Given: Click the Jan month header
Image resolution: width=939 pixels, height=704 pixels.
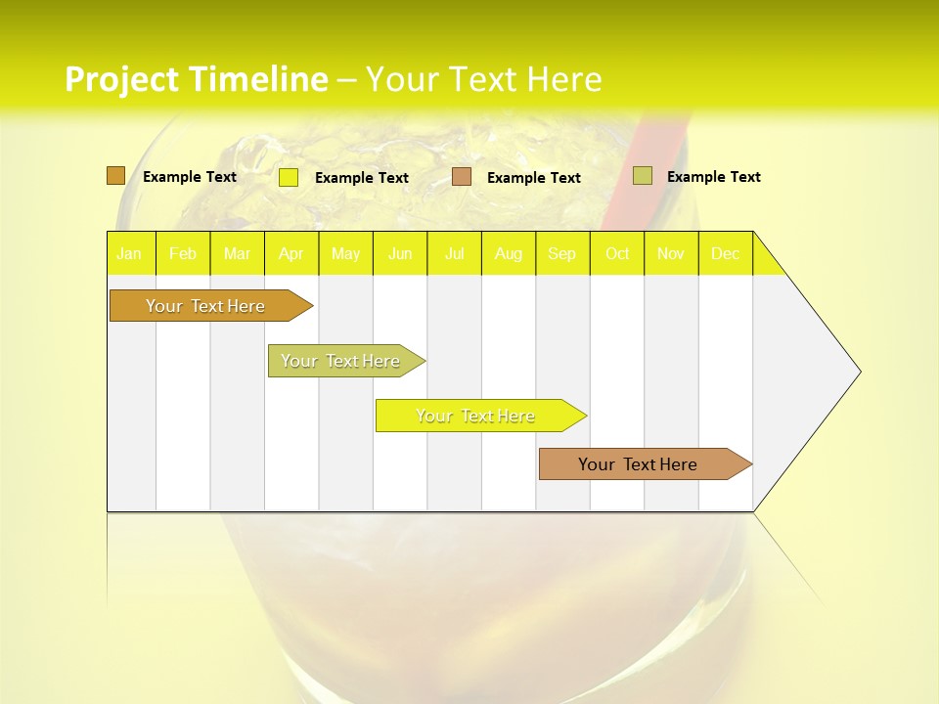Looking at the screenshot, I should [130, 253].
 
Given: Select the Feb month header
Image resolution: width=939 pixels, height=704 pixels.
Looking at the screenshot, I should [183, 253].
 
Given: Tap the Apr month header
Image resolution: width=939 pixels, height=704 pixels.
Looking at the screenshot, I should [291, 253].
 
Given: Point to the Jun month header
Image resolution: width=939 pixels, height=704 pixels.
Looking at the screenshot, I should [400, 253].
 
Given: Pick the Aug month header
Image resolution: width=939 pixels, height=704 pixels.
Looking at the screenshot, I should [509, 253].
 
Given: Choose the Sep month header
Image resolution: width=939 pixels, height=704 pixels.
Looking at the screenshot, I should [562, 253].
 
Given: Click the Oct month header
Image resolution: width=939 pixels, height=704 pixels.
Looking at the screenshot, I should [617, 253].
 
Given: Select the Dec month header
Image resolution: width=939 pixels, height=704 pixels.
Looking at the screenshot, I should [726, 253].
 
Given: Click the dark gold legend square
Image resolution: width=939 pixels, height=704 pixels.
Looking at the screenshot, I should [115, 176].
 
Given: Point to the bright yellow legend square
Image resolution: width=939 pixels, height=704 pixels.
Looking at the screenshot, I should [289, 177].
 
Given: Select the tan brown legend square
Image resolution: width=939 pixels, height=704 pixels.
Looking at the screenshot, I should [462, 177].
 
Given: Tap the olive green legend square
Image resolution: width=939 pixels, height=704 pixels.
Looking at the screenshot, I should [643, 176].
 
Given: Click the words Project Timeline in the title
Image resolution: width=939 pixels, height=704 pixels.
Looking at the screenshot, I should [196, 79].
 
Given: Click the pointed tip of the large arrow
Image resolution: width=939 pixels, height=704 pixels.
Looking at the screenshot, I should [858, 372].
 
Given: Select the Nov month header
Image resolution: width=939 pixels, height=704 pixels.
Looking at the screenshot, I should [671, 253].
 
